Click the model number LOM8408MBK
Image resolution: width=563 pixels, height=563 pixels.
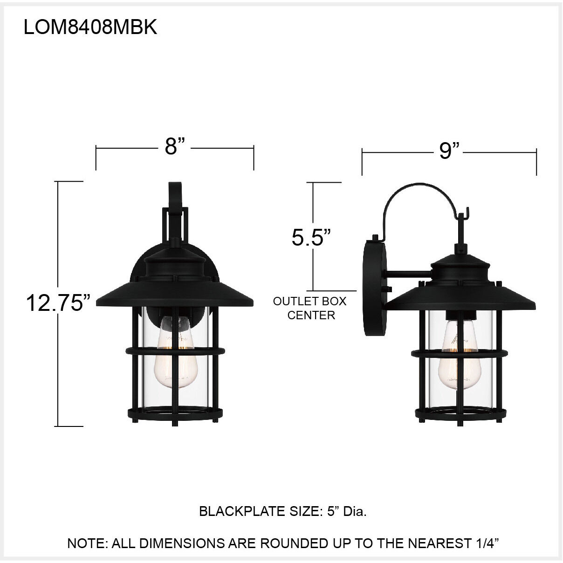coord(90,27)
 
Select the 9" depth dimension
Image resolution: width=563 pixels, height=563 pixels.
coord(449,151)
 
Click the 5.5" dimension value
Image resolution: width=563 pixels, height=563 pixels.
coord(311,237)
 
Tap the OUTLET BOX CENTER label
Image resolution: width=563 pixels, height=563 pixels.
coord(310,308)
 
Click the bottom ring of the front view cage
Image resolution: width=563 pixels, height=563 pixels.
coord(175,413)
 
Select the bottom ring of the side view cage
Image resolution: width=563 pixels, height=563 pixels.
coord(460,413)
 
